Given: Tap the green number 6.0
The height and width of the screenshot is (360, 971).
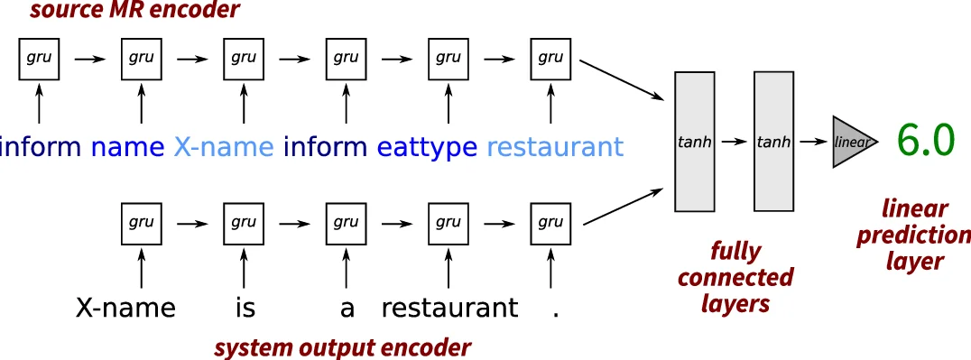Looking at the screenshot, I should (x=925, y=141).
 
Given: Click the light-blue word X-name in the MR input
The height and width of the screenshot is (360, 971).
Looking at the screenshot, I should (x=225, y=146).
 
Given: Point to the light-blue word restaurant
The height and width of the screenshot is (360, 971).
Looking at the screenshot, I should (x=555, y=146).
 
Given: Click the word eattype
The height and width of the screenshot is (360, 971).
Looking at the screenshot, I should (x=427, y=146).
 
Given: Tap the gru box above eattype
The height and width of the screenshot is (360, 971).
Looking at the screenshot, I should (x=449, y=59).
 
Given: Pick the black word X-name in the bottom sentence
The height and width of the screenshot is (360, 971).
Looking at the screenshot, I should (x=126, y=309).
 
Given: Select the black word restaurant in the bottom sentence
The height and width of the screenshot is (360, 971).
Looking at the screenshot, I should (x=449, y=309).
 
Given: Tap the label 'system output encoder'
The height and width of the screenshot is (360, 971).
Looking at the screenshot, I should (x=342, y=346).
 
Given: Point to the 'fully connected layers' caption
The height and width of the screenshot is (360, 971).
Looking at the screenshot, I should (x=735, y=276).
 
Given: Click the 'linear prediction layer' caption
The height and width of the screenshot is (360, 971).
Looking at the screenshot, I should (x=913, y=235).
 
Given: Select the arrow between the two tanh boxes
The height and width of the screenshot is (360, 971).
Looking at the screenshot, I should (x=739, y=143).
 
